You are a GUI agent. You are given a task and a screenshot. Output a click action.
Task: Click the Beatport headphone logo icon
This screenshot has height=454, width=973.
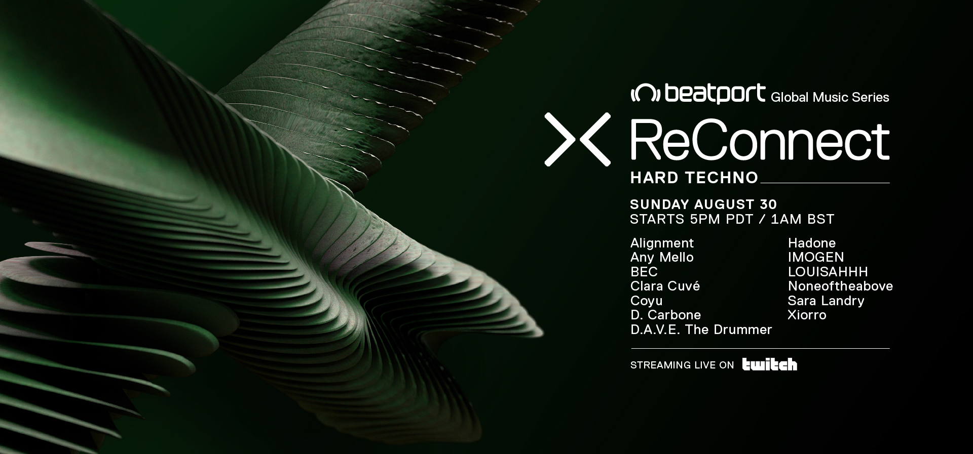pyautogui.click(x=645, y=94)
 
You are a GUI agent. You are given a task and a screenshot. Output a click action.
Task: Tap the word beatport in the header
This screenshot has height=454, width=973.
pyautogui.click(x=715, y=94)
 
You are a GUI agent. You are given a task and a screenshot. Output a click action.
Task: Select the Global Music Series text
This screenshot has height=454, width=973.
pyautogui.click(x=830, y=97)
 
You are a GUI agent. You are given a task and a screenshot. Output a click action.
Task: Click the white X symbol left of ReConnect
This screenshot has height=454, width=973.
pyautogui.click(x=577, y=139)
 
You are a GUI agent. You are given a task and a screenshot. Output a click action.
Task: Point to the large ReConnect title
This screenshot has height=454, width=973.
pyautogui.click(x=760, y=141)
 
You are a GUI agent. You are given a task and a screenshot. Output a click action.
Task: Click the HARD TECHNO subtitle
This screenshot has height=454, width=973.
pyautogui.click(x=694, y=178)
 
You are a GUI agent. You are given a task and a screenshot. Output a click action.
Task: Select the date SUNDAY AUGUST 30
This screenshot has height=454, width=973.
pyautogui.click(x=703, y=204)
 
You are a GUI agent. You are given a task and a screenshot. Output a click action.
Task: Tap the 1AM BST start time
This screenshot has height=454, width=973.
pyautogui.click(x=802, y=219)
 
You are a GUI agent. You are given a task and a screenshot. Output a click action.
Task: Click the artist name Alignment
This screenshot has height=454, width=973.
pyautogui.click(x=662, y=243)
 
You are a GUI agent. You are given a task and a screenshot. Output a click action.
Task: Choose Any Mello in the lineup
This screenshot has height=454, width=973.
pyautogui.click(x=662, y=258)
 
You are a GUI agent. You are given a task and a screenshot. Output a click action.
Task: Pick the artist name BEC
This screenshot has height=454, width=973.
pyautogui.click(x=644, y=272)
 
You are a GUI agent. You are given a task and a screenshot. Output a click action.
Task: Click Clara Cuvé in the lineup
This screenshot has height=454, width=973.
pyautogui.click(x=665, y=286)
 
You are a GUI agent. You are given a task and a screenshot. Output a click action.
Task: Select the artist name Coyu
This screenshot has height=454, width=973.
pyautogui.click(x=647, y=301)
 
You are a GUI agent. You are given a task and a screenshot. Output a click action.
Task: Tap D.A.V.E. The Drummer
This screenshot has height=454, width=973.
pyautogui.click(x=701, y=329)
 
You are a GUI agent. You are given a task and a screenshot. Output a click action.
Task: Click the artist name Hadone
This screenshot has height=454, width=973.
pyautogui.click(x=812, y=243)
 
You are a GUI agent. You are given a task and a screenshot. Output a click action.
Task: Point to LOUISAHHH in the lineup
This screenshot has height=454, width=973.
pyautogui.click(x=828, y=272)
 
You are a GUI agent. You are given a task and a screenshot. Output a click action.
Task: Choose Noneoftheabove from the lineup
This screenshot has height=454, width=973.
pyautogui.click(x=840, y=286)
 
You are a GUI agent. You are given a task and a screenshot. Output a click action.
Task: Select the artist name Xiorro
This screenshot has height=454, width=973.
pyautogui.click(x=807, y=315)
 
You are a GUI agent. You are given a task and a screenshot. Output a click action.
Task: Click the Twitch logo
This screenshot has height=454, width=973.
pyautogui.click(x=769, y=364)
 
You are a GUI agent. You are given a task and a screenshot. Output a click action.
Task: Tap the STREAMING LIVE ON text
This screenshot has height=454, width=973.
pyautogui.click(x=682, y=365)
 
